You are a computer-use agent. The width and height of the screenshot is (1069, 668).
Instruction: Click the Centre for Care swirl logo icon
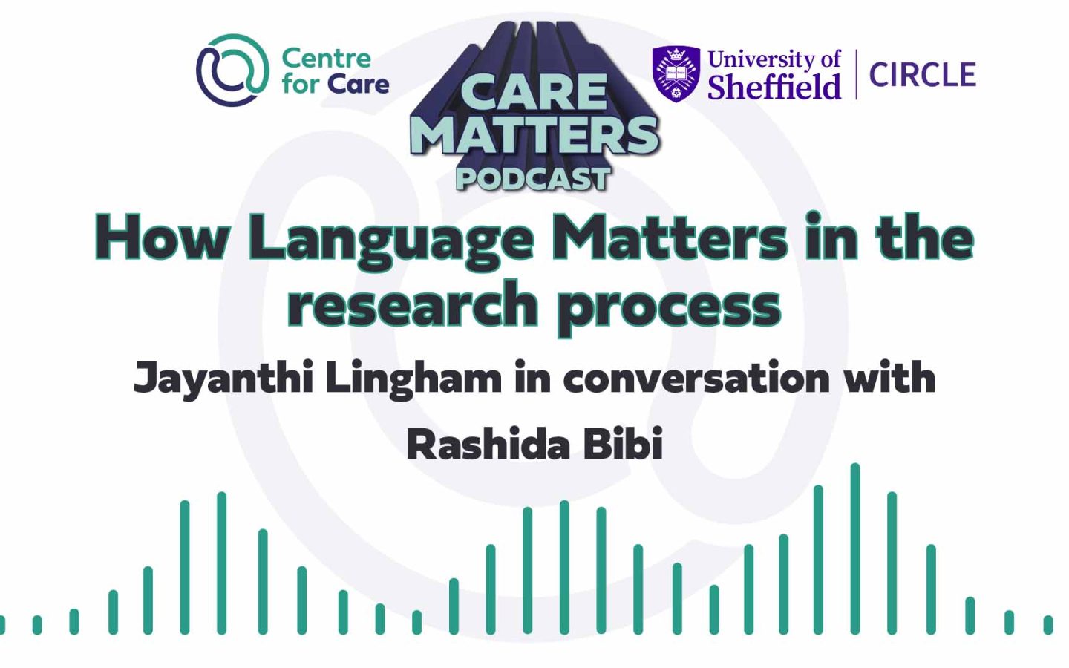(x=232, y=71)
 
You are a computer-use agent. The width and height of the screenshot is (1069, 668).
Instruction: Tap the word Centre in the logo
(x=326, y=58)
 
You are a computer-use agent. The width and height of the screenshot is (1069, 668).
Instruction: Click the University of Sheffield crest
(x=676, y=73)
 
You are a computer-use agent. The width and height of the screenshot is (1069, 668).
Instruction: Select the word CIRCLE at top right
(x=922, y=75)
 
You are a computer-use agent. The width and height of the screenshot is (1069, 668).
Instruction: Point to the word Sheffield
(x=774, y=88)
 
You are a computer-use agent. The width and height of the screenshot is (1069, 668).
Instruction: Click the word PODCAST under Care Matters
(x=533, y=179)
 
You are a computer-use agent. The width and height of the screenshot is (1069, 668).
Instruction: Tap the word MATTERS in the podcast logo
(x=534, y=134)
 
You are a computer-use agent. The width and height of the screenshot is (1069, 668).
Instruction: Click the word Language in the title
(x=390, y=239)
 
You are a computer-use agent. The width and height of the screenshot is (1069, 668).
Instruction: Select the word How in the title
(x=161, y=238)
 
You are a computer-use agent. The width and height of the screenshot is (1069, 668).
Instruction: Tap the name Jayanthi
(x=223, y=379)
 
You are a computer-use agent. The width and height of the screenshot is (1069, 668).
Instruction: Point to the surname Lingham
(x=413, y=379)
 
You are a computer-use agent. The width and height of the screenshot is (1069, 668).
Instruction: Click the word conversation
(x=696, y=379)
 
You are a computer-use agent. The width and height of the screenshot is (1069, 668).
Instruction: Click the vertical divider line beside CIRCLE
(x=856, y=74)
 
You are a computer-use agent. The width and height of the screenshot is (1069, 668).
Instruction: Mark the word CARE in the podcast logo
(x=534, y=93)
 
